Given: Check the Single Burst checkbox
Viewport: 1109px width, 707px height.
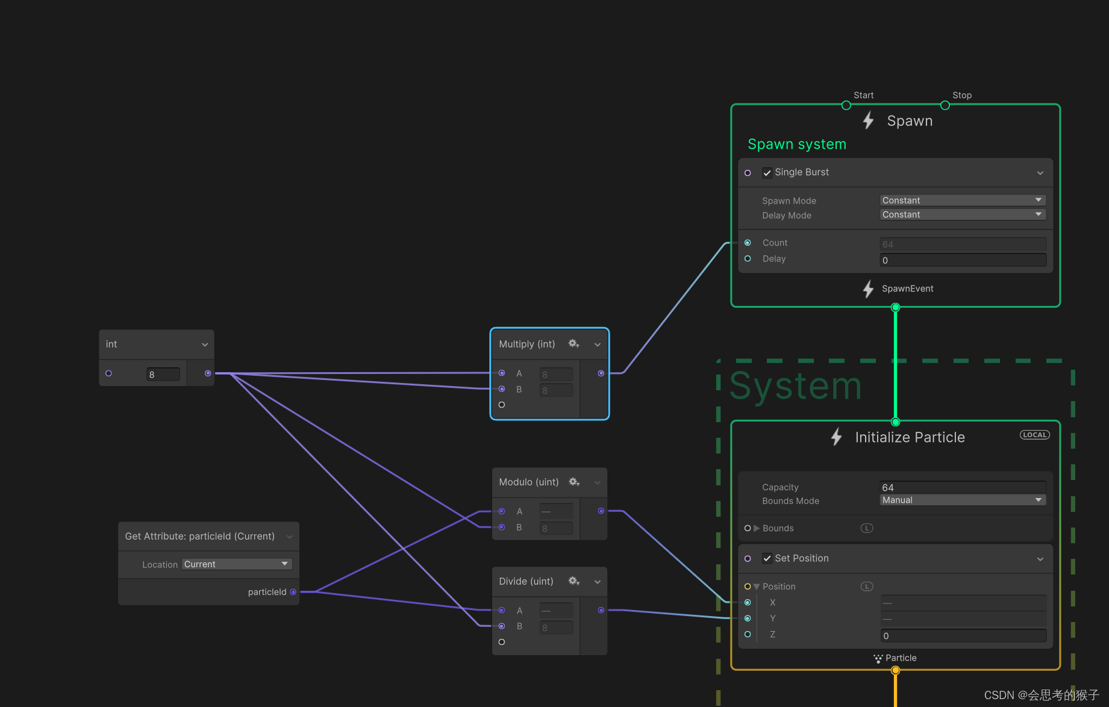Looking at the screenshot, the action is (x=767, y=173).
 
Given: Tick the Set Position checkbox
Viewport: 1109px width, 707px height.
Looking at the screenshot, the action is (x=767, y=559).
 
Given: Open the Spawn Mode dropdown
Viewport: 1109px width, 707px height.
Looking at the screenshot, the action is (x=962, y=201).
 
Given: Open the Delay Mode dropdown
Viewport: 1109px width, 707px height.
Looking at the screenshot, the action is (x=962, y=215).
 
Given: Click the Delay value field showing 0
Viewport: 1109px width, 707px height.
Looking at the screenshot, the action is (x=962, y=260).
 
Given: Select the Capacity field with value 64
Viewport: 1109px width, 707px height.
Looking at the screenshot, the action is (x=962, y=487).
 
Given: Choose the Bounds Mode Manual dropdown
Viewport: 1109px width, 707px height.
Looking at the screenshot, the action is (x=962, y=500).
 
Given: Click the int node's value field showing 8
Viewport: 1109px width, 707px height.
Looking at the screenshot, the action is (x=163, y=375).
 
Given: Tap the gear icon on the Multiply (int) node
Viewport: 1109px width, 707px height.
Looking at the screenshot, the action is (x=573, y=344).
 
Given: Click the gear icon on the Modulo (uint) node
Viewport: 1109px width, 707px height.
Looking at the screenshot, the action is (x=573, y=482).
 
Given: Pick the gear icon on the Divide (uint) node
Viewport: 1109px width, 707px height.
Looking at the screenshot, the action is (x=573, y=581).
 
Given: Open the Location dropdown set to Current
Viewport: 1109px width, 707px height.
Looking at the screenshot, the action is (x=236, y=564).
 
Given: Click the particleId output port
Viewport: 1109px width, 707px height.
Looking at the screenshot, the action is (x=293, y=592).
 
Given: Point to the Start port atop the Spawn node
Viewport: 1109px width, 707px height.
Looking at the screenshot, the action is (x=846, y=105).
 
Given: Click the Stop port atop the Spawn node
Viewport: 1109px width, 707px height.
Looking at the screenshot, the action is (x=945, y=105).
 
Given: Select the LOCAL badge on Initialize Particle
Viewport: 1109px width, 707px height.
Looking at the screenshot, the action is (x=1034, y=435).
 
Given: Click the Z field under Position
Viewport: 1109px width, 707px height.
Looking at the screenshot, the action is (x=962, y=636).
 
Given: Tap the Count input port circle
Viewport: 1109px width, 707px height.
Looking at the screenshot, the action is (x=748, y=243).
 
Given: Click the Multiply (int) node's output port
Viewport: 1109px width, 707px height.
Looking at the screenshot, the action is (x=601, y=373).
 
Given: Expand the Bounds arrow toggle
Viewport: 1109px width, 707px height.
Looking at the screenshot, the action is (x=757, y=528).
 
